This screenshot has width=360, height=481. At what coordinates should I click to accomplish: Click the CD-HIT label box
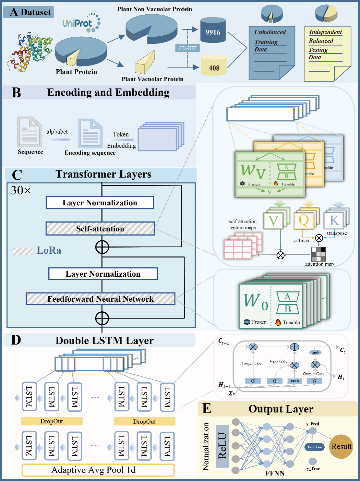pos(187,48)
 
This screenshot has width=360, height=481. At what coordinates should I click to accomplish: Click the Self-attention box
pos(100,229)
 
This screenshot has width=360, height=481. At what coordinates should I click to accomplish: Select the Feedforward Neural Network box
pos(100,299)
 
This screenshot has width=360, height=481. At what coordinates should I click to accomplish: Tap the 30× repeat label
pos(21,190)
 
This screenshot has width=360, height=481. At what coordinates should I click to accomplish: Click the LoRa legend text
pos(49,250)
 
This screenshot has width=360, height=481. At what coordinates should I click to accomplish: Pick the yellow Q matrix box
pos(304,220)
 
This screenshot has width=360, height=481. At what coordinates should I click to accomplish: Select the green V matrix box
pos(273,220)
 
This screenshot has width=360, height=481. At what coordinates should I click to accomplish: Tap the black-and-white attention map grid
pos(318,254)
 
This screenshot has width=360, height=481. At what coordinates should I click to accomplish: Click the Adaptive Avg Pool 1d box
pos(98,470)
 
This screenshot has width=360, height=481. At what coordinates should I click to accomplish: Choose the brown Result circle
pos(341,446)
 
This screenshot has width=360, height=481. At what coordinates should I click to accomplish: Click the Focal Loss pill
pos(314,447)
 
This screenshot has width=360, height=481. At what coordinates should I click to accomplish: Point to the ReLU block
pos(222,446)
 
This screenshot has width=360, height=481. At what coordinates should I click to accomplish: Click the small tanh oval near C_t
pos(315,352)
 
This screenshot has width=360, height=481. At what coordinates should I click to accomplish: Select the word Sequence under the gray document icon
pos(31,152)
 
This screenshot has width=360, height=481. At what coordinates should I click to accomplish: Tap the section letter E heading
pos(206,409)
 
